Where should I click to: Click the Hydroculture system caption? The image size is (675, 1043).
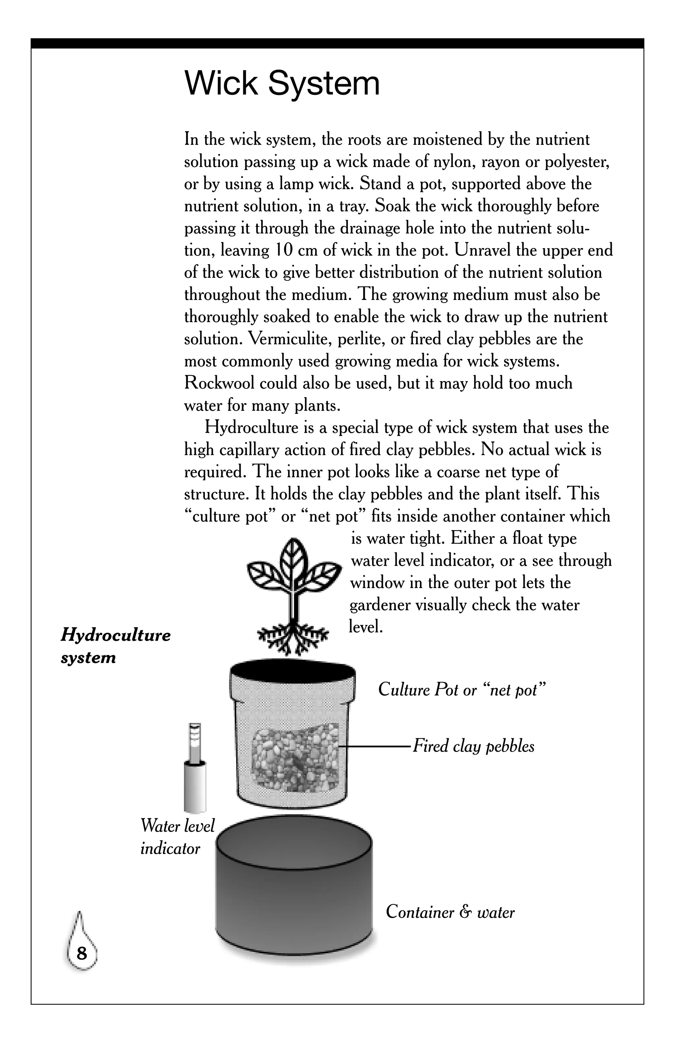[115, 646]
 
